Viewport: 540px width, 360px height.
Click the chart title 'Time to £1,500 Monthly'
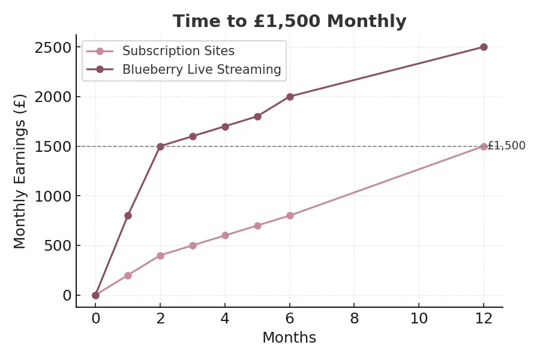point(289,22)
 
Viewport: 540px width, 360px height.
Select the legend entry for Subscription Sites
point(178,51)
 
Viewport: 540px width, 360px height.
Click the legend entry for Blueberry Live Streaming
point(202,70)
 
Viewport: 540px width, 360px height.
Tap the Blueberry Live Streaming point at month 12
point(484,47)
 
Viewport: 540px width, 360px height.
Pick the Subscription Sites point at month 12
point(484,146)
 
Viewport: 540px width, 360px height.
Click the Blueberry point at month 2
point(160,146)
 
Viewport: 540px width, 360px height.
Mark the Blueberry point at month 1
point(128,215)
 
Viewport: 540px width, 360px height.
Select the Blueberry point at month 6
point(290,97)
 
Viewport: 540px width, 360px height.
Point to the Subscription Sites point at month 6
point(290,215)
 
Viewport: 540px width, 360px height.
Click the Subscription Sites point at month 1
point(128,275)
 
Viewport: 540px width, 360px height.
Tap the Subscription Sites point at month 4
point(225,235)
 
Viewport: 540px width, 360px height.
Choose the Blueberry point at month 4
point(225,127)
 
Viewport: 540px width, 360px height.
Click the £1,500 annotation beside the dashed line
point(507,146)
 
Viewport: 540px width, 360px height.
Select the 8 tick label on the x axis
point(355,319)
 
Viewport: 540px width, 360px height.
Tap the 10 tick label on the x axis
point(419,319)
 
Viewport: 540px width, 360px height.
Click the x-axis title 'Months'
point(289,338)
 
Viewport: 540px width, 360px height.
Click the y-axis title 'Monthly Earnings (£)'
point(20,171)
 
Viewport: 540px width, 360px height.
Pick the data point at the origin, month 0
point(95,295)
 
